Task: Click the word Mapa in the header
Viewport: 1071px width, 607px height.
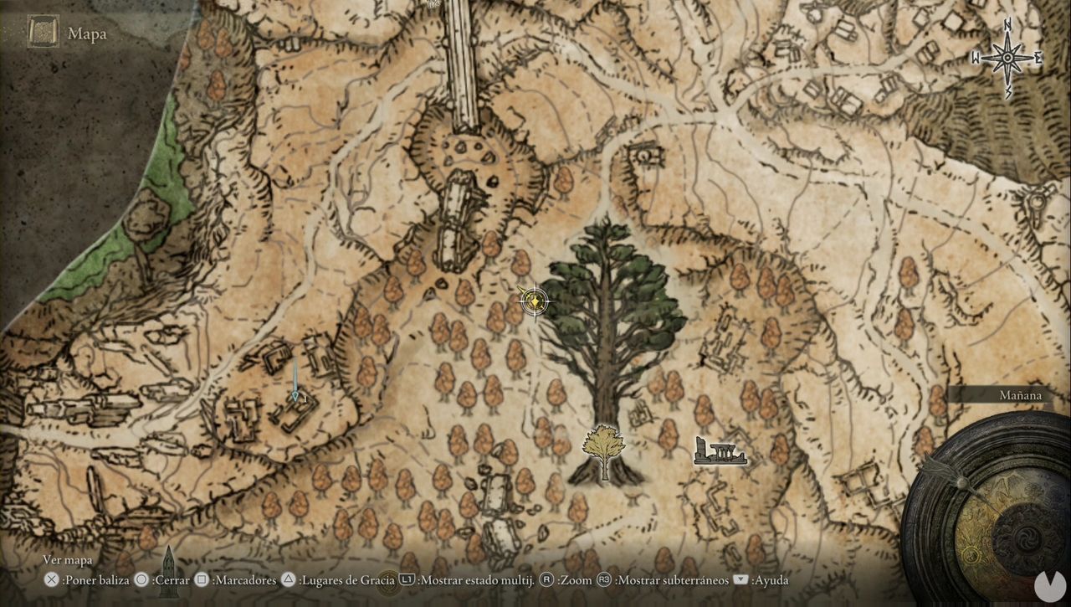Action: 86,33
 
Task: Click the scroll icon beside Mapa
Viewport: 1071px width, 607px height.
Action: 43,33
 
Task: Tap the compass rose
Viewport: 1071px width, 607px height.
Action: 1007,58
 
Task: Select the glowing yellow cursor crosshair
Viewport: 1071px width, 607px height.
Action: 534,301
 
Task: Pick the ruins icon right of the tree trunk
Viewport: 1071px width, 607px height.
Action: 720,451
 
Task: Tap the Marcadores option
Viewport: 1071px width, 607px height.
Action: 240,579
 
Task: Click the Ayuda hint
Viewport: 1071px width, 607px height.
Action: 769,579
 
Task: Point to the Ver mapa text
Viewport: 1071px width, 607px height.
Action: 69,560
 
